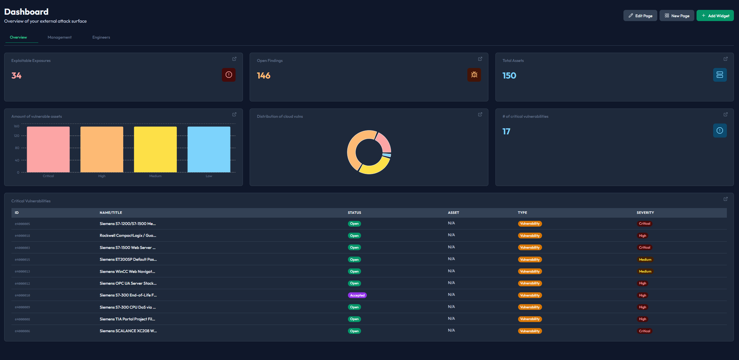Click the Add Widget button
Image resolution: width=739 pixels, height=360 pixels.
715,16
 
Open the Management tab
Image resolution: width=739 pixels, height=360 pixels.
60,37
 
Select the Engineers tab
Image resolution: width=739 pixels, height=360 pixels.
101,37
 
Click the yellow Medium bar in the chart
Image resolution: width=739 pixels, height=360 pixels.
155,149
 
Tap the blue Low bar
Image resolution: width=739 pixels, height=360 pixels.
209,149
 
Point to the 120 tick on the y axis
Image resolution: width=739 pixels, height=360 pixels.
17,136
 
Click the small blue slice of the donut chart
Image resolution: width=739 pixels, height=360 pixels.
387,155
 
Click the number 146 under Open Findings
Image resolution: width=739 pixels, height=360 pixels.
263,76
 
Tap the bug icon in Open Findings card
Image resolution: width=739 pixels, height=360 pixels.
474,75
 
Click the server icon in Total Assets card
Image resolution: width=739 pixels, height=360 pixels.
720,75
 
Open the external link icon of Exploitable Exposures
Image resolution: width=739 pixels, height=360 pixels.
234,59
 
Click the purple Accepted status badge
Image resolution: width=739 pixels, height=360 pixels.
357,295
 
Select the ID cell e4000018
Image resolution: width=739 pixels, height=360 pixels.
22,236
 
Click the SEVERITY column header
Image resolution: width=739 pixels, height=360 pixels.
645,213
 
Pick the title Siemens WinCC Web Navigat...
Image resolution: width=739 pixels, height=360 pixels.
127,272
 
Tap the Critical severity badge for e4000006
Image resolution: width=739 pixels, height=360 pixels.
645,331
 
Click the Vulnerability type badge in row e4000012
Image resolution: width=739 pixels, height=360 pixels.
530,283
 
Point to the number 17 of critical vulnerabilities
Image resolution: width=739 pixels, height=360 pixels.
506,131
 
